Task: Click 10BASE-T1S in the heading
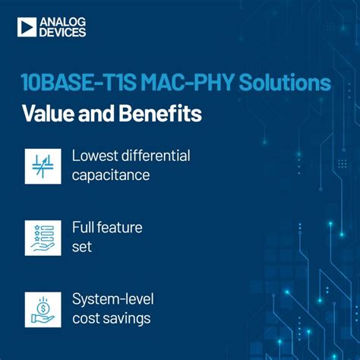(78, 82)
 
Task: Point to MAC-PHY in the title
(188, 82)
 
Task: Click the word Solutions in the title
(285, 82)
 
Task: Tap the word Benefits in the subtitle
(158, 115)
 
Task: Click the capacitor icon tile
(43, 165)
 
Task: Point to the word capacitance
(109, 175)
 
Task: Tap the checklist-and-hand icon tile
(43, 238)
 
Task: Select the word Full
(84, 227)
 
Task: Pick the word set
(82, 246)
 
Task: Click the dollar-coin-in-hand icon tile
(43, 309)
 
